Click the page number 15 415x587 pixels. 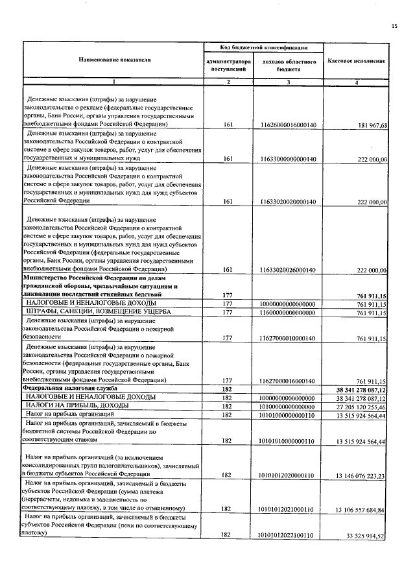(394, 25)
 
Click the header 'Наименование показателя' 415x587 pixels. (115, 60)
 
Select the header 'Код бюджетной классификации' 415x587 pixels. (263, 48)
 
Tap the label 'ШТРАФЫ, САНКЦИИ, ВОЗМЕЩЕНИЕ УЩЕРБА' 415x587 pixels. (98, 312)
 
